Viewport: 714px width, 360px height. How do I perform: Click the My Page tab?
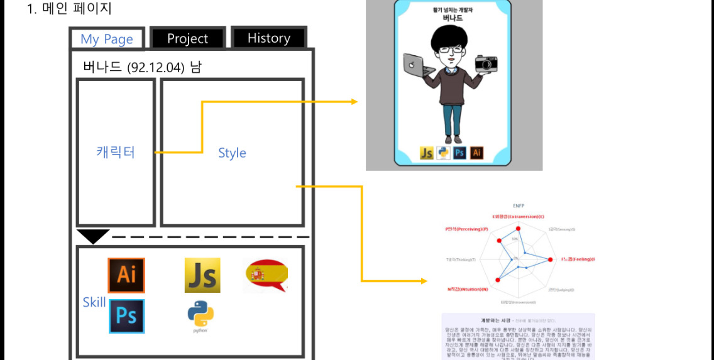[107, 39]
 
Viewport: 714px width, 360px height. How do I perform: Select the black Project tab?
[187, 38]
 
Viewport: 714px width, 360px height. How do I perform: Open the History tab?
[268, 38]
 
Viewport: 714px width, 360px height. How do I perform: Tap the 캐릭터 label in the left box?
[116, 152]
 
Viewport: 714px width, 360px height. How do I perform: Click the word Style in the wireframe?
[232, 153]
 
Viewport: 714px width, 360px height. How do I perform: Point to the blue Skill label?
[94, 302]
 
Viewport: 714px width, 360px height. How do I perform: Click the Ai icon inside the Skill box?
[126, 275]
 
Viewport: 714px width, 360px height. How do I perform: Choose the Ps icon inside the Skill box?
[126, 315]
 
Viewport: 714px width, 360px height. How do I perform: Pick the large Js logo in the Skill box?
[202, 275]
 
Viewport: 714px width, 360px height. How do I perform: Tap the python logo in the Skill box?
[200, 315]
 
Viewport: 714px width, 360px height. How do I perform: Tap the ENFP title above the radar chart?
[519, 205]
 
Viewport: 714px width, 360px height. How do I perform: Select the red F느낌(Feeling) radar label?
[578, 259]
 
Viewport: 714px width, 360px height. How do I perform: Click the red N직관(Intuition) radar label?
[468, 289]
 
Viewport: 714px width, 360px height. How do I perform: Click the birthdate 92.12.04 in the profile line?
[155, 67]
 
